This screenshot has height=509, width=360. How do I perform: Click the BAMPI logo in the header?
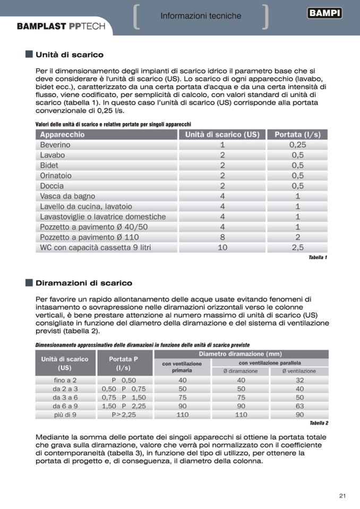tap(324, 14)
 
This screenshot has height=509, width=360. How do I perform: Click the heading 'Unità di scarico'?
tap(70, 55)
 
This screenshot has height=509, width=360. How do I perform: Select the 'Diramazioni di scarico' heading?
tap(84, 283)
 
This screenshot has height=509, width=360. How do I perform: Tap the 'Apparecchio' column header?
tap(62, 135)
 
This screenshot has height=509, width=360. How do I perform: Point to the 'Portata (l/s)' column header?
tap(297, 135)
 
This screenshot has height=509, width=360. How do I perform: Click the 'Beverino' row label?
tap(55, 145)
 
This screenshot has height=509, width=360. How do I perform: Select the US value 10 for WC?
tap(222, 248)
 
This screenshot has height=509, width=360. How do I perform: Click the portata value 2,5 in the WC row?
tap(297, 248)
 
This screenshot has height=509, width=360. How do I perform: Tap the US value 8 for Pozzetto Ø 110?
tap(222, 237)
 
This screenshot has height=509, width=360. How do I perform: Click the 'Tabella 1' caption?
tap(318, 257)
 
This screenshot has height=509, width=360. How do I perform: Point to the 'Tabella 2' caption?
tap(319, 423)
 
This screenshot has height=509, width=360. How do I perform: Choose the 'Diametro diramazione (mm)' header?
tap(240, 354)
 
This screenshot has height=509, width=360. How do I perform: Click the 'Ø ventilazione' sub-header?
tap(299, 371)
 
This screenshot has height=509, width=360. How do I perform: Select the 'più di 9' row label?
tap(65, 415)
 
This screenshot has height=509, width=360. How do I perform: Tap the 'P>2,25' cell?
tap(123, 415)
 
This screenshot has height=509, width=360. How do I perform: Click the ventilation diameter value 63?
tap(299, 406)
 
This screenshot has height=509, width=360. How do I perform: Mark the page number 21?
tap(342, 496)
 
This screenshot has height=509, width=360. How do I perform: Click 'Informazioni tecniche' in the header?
tap(201, 16)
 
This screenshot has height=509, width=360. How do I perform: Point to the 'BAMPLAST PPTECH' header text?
tap(61, 26)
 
